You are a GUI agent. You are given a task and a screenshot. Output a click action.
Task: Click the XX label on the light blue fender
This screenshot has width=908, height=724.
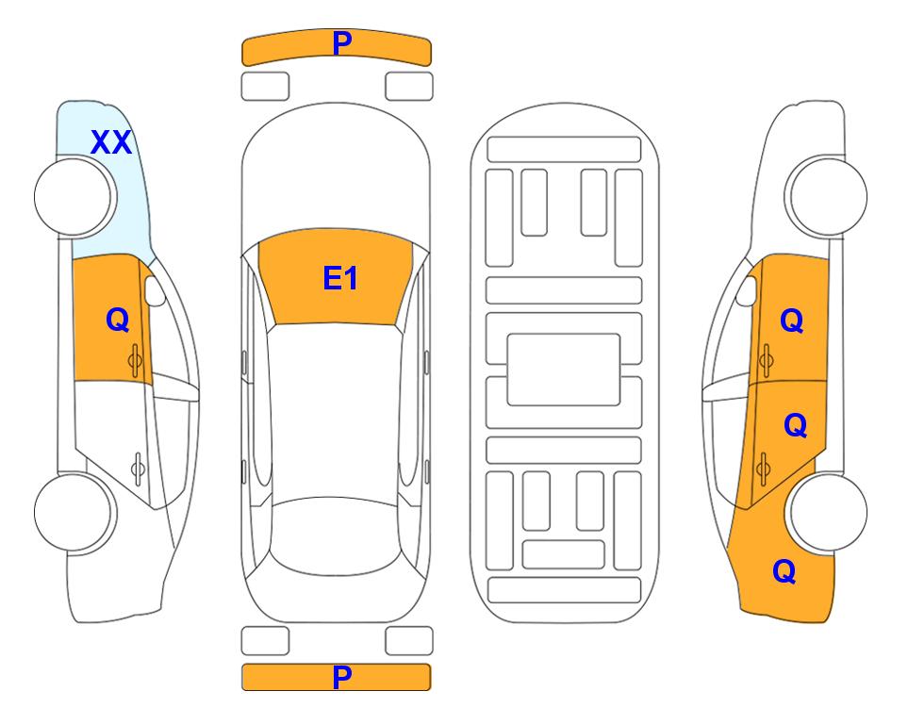[111, 142]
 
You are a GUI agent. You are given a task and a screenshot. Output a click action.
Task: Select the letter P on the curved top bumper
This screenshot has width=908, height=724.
[342, 43]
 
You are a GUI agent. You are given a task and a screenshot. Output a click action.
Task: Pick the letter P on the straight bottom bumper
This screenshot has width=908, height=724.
[342, 677]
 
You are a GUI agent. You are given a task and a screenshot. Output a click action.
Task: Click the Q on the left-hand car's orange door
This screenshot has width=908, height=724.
[118, 320]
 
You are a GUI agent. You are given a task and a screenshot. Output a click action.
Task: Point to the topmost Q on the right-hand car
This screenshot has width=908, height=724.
[792, 321]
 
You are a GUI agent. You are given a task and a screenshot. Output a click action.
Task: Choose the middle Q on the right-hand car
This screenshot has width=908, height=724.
[795, 425]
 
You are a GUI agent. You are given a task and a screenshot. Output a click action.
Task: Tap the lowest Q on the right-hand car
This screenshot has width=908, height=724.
[784, 571]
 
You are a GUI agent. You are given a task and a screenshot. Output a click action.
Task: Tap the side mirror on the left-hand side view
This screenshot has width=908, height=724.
[155, 290]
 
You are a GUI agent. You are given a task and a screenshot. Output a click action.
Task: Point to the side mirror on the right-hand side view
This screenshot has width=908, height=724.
[747, 290]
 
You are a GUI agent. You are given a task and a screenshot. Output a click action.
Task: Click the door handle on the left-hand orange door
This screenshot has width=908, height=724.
[135, 361]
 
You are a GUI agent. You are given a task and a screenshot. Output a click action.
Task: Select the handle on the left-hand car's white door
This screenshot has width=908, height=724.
[138, 468]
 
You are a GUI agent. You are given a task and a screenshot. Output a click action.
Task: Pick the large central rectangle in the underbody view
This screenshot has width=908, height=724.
[564, 370]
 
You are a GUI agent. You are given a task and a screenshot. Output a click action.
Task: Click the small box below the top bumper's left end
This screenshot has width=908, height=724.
[265, 87]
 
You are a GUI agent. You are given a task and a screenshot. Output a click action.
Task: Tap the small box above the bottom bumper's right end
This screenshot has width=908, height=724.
[409, 641]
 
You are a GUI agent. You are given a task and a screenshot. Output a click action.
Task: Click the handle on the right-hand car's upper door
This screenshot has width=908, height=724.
[767, 360]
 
